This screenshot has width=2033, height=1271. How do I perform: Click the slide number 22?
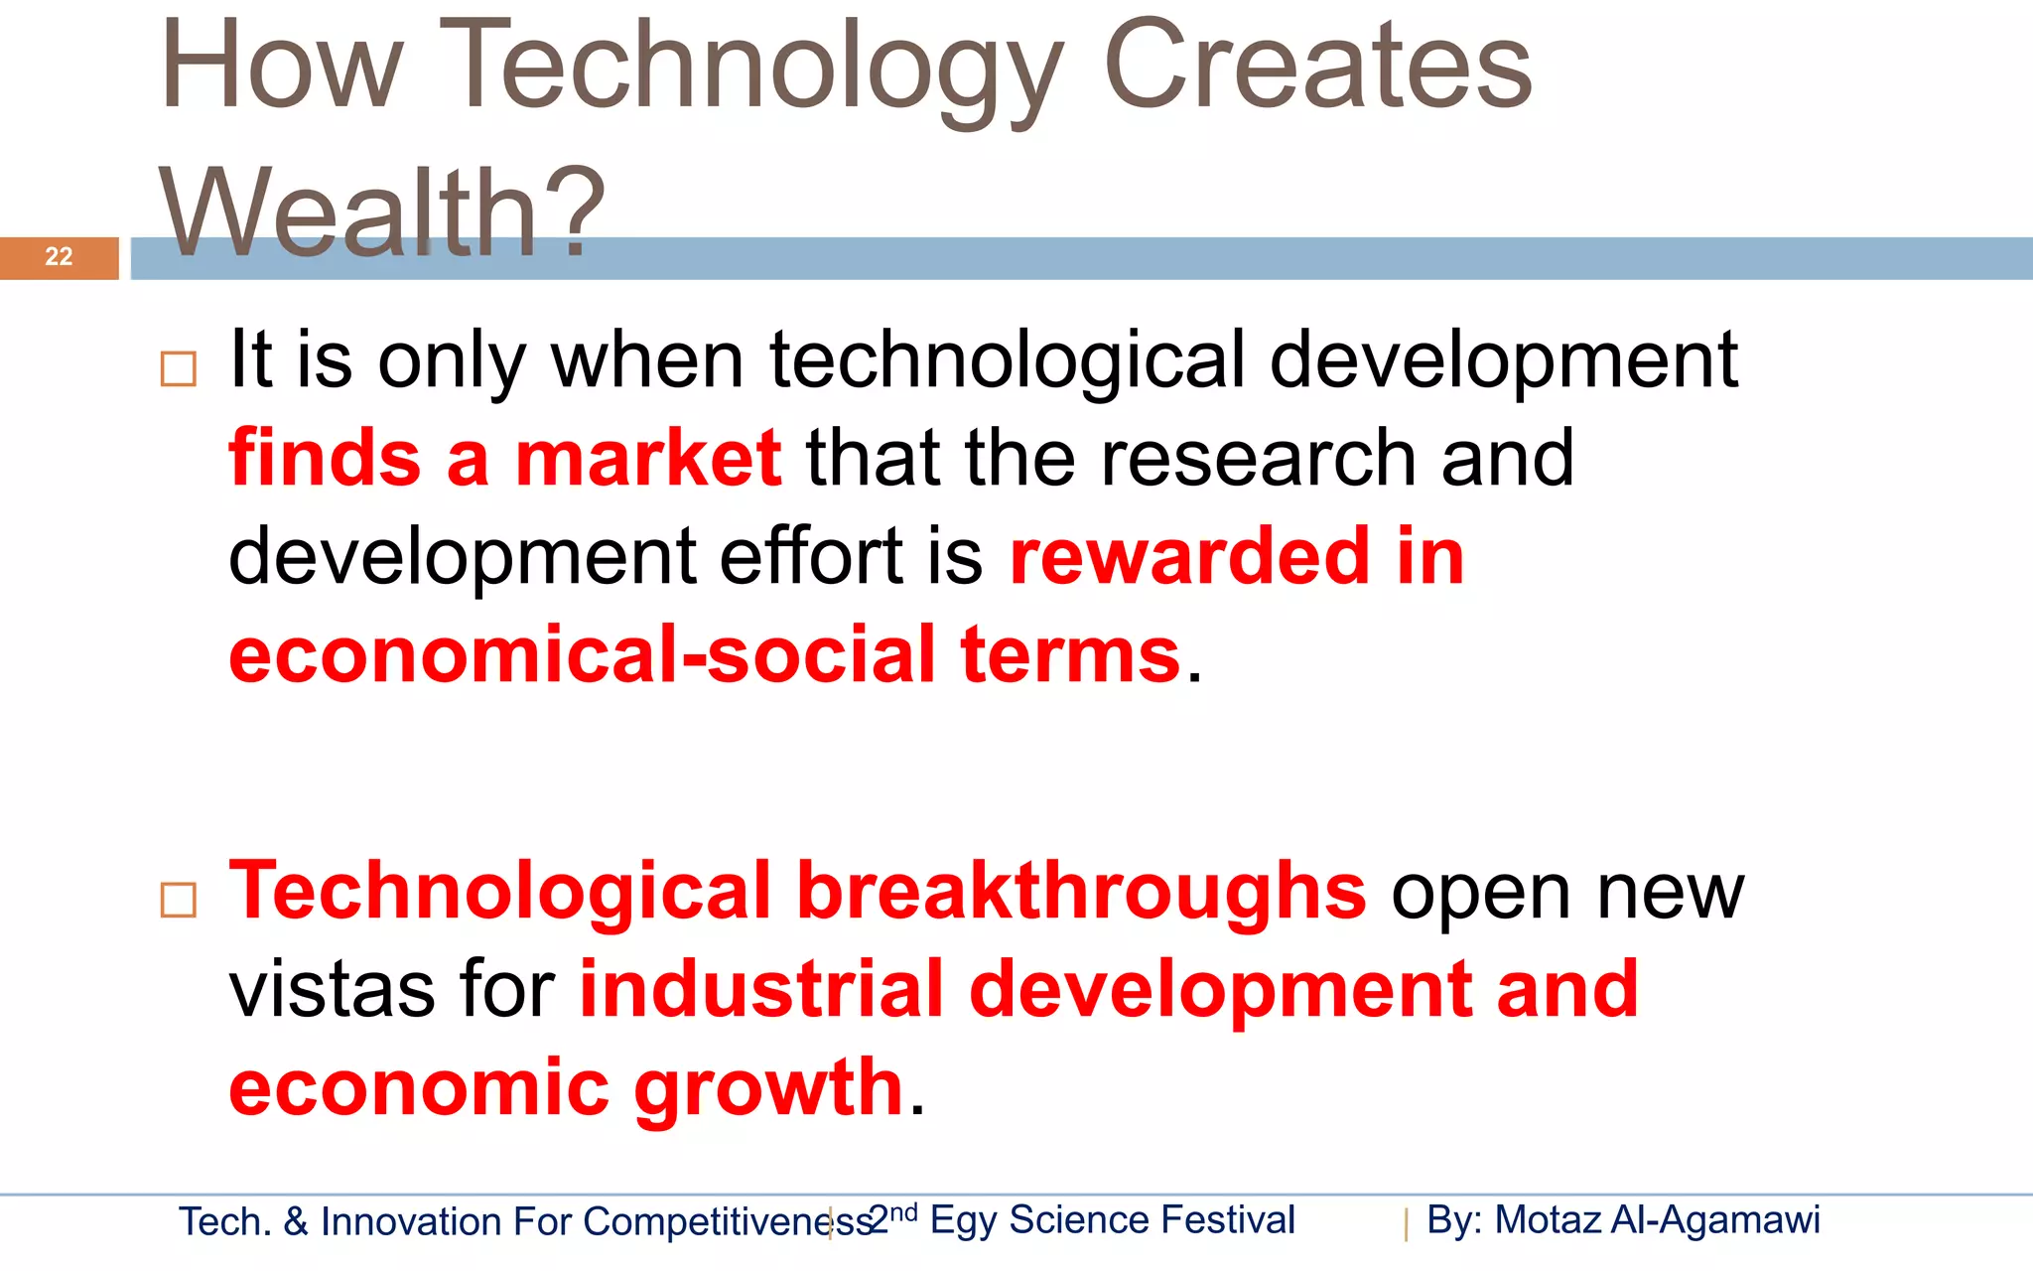tap(59, 257)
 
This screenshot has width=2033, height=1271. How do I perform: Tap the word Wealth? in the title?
tap(382, 212)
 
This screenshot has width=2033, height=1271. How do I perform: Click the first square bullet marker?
tap(179, 368)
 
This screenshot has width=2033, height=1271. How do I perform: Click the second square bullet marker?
tap(179, 900)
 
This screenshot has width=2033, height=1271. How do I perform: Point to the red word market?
tap(648, 458)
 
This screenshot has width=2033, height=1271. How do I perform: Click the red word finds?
tap(325, 458)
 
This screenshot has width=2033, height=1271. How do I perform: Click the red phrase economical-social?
tap(583, 654)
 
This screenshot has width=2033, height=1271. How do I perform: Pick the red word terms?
tap(1070, 654)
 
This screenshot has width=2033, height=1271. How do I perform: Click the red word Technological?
tap(500, 890)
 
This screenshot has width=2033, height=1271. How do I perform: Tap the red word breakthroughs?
tap(1081, 890)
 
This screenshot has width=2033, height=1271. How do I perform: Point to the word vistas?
tap(332, 989)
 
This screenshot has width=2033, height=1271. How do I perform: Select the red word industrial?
tap(761, 989)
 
